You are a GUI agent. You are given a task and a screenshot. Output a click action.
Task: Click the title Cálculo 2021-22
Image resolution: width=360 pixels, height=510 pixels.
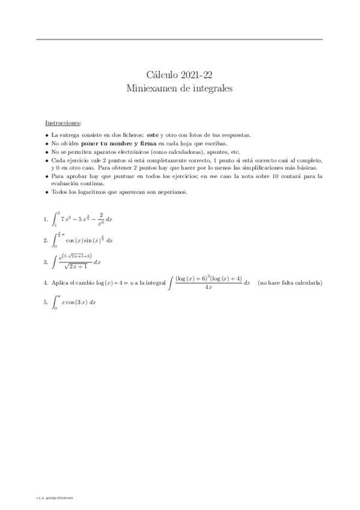pos(180,75)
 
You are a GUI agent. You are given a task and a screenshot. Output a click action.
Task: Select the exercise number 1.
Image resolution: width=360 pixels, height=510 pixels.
pos(45,219)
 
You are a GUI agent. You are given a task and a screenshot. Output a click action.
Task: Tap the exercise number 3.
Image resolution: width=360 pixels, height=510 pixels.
pos(45,262)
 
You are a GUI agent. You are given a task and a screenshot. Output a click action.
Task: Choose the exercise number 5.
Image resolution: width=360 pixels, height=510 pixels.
pos(45,302)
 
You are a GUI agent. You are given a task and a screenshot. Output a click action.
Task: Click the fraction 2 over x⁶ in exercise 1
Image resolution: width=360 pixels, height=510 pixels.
pos(100,219)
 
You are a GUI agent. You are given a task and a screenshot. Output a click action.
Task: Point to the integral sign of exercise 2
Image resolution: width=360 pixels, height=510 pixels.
pos(55,240)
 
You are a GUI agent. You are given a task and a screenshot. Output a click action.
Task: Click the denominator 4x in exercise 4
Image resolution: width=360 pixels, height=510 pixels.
pos(207,287)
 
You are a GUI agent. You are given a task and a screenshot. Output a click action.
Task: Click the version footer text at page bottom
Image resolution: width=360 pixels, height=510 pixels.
pos(56,499)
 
